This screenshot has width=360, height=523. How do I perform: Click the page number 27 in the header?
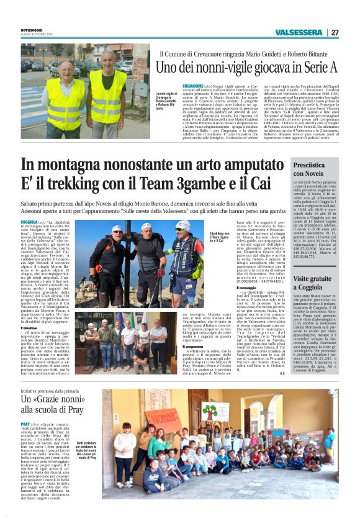click(335, 32)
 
